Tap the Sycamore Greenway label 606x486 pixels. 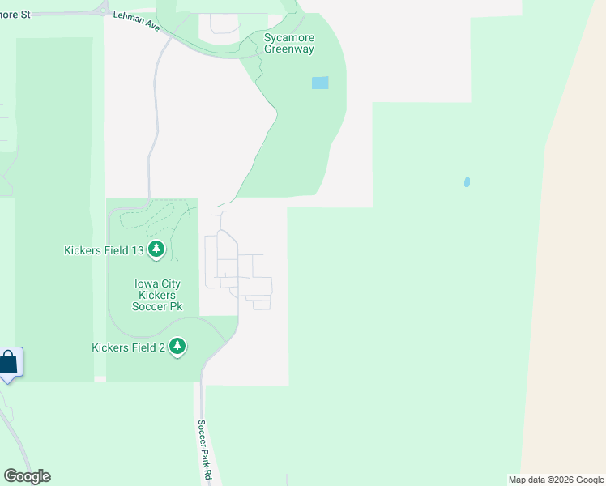(289, 43)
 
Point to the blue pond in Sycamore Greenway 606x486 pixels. (320, 83)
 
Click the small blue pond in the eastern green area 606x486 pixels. (467, 182)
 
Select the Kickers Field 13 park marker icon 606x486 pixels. (156, 250)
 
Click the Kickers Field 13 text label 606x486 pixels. (104, 250)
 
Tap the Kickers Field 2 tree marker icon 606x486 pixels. (177, 347)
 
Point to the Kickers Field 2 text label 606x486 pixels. (128, 347)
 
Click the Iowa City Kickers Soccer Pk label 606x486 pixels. (157, 295)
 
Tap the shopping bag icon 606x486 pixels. (8, 362)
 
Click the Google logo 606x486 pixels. (27, 476)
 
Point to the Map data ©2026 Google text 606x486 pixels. (556, 480)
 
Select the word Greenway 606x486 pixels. (289, 49)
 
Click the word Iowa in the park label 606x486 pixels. (146, 283)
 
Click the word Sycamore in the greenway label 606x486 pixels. (289, 37)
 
